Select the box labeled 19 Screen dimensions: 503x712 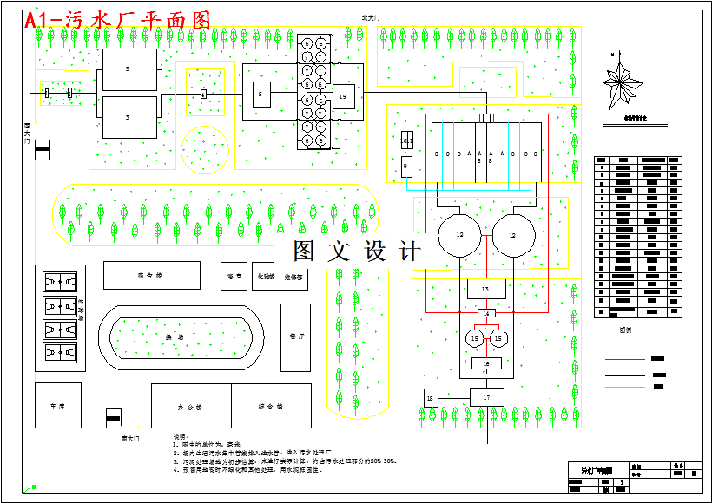(x=344, y=96)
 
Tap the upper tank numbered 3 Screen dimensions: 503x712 (x=129, y=69)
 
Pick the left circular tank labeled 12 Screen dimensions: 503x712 (x=460, y=235)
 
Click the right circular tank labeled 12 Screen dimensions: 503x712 (x=512, y=235)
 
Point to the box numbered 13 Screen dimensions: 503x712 (x=485, y=288)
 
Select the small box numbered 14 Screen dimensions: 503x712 (x=486, y=313)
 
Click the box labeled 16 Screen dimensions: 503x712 (x=486, y=363)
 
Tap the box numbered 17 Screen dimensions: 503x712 (x=486, y=396)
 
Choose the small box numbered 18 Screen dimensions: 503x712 (x=430, y=397)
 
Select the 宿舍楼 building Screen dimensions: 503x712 (x=151, y=275)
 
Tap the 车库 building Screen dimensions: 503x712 (x=58, y=405)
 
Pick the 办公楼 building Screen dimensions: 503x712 (x=191, y=405)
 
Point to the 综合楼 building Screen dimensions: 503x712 (x=271, y=405)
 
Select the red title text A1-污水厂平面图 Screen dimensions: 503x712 (x=117, y=20)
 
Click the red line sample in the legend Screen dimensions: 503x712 (x=625, y=358)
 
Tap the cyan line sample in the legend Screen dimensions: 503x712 (x=625, y=387)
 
